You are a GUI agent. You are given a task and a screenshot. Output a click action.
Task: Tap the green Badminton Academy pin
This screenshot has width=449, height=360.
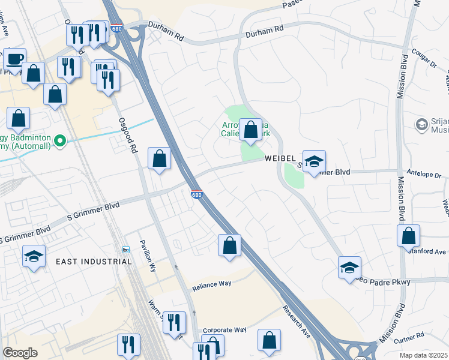(59, 142)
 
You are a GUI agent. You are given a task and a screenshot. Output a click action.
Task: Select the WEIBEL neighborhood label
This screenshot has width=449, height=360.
(280, 158)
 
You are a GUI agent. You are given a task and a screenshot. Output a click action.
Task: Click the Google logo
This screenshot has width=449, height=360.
(20, 353)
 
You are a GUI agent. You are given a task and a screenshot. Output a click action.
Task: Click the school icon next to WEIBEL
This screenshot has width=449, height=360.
(313, 161)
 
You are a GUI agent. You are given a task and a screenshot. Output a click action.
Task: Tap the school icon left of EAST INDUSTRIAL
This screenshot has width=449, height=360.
(34, 256)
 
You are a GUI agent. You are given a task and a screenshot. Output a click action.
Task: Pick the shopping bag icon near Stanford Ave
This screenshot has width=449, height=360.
(408, 236)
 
